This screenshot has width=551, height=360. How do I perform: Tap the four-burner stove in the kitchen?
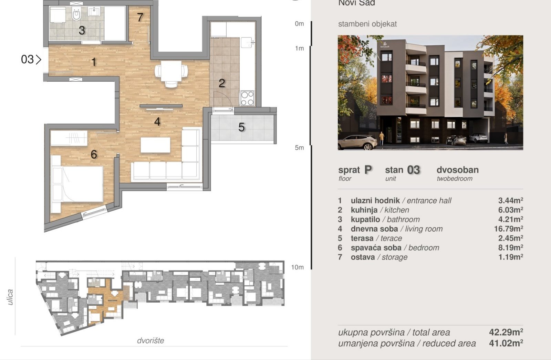(247, 98)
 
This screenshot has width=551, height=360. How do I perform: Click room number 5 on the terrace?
(241, 127)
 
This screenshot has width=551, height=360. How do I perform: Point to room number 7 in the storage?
(140, 17)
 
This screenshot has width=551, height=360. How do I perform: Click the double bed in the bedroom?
(77, 184)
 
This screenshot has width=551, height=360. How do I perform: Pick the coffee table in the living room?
(155, 145)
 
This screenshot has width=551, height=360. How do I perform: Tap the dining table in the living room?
(171, 71)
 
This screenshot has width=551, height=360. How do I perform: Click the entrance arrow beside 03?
(38, 60)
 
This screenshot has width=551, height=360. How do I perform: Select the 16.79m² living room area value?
(508, 229)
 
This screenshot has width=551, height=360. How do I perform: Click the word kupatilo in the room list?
(365, 219)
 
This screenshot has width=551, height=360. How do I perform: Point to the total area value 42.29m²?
(506, 332)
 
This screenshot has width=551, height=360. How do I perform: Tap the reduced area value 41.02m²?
(506, 343)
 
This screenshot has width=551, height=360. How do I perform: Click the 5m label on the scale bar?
(299, 148)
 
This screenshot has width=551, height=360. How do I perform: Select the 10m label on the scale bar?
(298, 267)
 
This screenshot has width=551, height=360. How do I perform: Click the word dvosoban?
(458, 170)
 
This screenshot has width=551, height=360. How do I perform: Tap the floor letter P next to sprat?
(368, 170)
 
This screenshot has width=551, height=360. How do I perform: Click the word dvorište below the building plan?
(150, 341)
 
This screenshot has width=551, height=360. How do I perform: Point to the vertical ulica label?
(10, 297)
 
